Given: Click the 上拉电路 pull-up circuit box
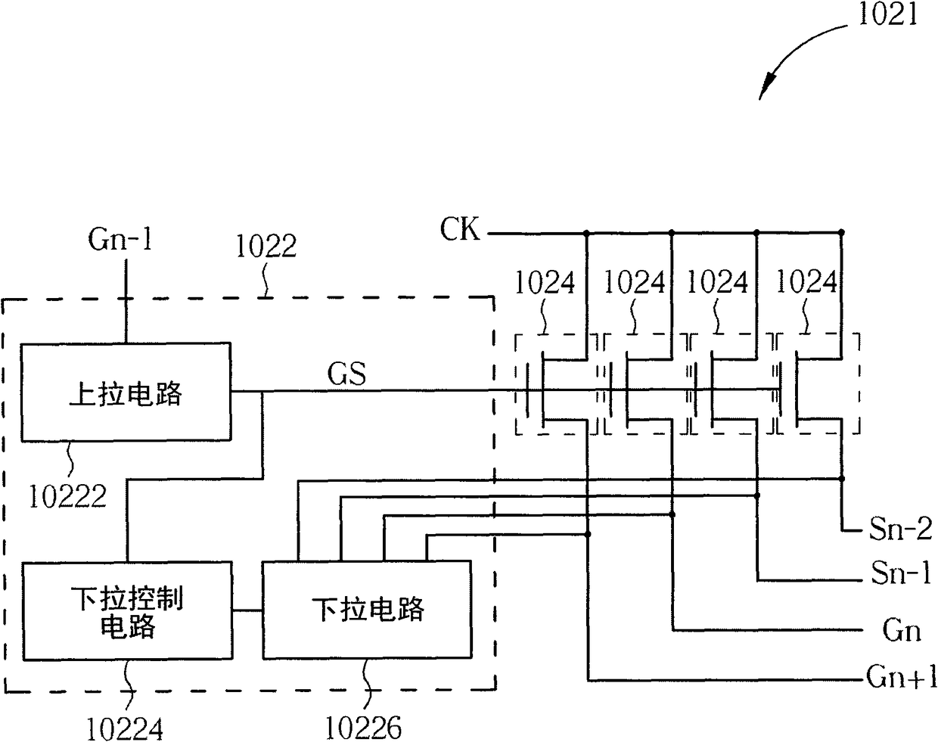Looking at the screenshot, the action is [x=126, y=392].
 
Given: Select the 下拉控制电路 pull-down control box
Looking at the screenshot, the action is [x=127, y=611].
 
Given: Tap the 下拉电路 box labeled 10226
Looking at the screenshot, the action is [x=367, y=610].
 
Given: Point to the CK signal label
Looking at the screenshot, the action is [x=459, y=229].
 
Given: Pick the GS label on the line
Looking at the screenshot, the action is [x=346, y=374].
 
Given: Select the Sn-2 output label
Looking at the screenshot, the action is [x=900, y=529].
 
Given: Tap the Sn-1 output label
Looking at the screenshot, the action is [x=900, y=573].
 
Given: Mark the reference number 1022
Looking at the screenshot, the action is [x=266, y=247].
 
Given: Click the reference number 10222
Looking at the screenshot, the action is [x=67, y=496].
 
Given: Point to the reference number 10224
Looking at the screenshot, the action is [x=125, y=728].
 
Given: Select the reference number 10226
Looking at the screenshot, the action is [x=363, y=727].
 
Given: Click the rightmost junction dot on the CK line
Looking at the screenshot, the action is [x=842, y=233].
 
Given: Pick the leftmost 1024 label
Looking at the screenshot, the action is [x=545, y=282].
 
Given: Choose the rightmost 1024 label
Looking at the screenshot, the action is [x=807, y=281].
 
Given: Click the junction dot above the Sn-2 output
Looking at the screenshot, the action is [x=842, y=479].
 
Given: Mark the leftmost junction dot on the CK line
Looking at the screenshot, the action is [x=586, y=233].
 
